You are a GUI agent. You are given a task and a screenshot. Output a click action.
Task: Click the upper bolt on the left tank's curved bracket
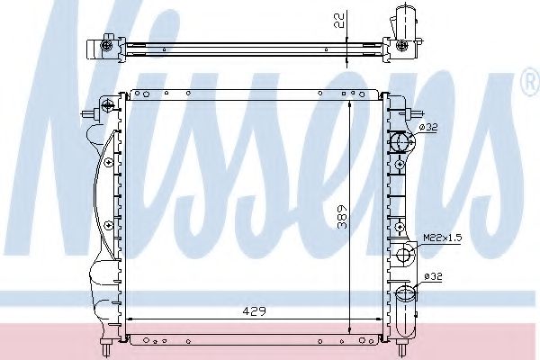click(109, 162)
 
